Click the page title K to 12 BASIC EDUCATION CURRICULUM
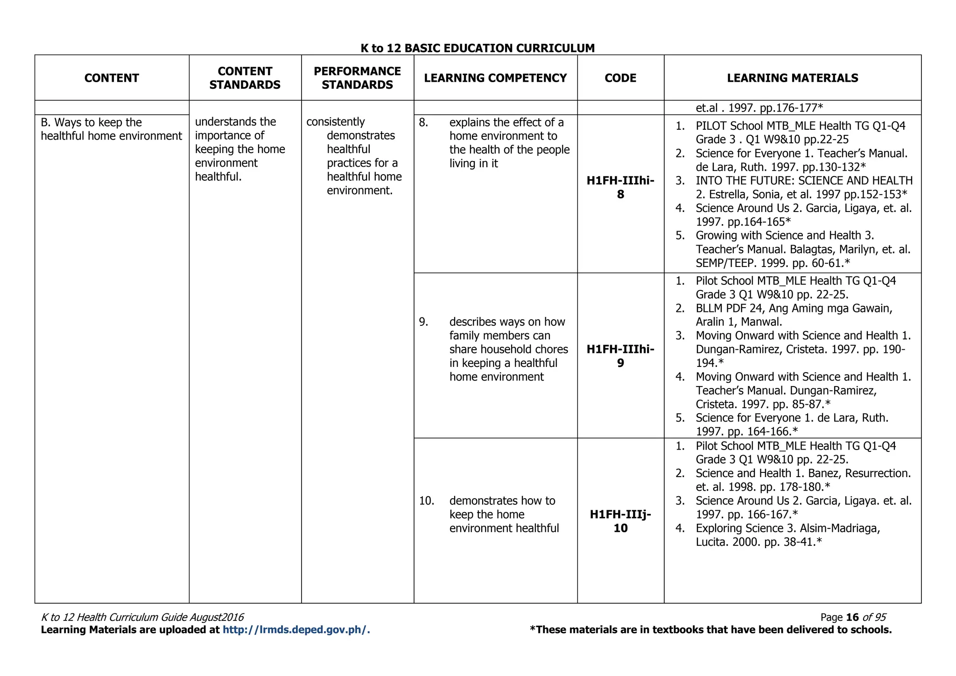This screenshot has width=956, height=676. (x=478, y=48)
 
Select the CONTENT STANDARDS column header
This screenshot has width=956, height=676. (x=245, y=78)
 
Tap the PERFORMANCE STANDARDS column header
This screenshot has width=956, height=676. (x=357, y=78)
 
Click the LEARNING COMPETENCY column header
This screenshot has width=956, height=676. (x=495, y=78)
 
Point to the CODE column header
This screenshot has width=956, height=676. (x=620, y=78)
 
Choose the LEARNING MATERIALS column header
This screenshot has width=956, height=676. (x=792, y=78)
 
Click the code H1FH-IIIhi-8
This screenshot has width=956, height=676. (x=620, y=188)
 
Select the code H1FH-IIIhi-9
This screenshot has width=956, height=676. (x=620, y=356)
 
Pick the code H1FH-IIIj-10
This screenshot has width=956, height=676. (x=620, y=521)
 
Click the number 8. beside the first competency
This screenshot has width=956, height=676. (x=423, y=123)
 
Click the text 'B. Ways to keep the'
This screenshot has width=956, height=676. (x=91, y=123)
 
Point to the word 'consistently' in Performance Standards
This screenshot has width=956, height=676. (x=335, y=122)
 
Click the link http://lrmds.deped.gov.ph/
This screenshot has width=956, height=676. (x=296, y=630)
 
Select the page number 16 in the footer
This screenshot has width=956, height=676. (x=852, y=617)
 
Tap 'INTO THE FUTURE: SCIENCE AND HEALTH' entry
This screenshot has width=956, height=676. (x=803, y=181)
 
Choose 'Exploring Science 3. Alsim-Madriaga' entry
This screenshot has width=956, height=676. (x=787, y=528)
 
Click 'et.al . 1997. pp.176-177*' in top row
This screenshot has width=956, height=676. (x=759, y=108)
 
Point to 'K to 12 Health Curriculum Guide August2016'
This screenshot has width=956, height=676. (x=142, y=617)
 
